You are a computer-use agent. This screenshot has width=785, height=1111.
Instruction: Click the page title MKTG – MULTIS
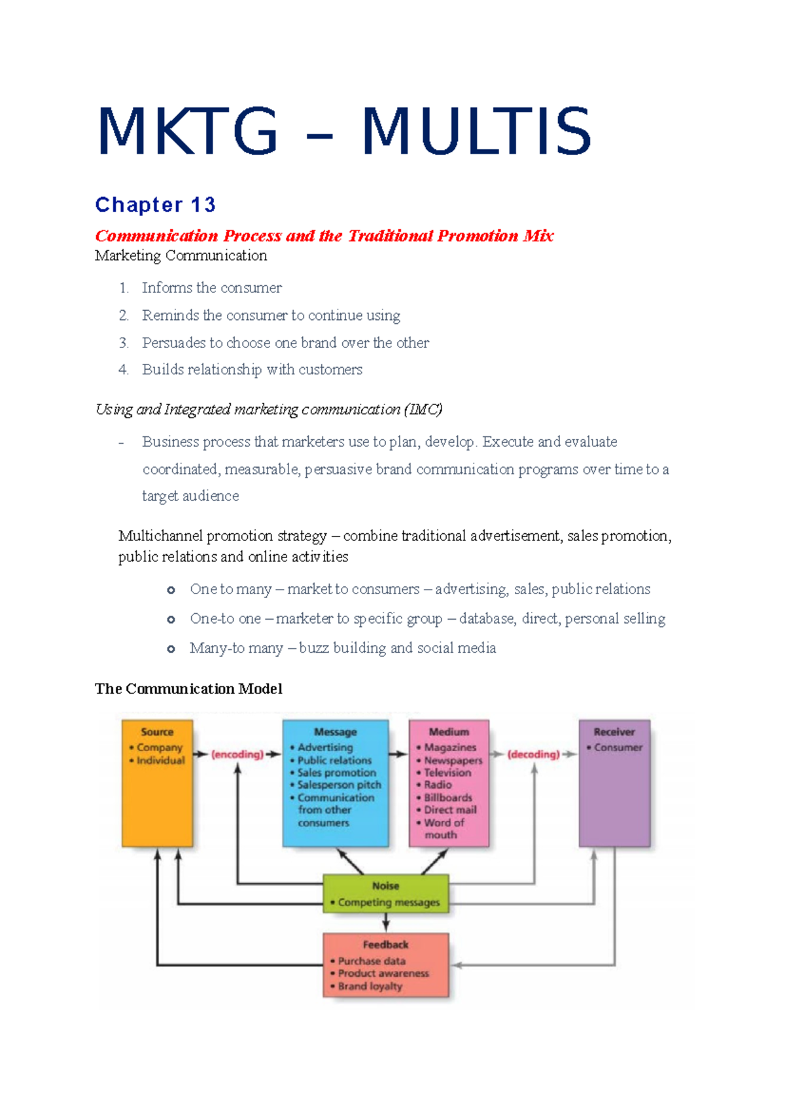[x=344, y=132]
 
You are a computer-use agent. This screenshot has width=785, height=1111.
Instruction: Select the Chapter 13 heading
[x=155, y=205]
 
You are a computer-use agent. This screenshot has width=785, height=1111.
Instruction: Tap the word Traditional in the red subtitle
[x=391, y=236]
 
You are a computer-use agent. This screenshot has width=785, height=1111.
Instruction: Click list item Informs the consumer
[x=211, y=288]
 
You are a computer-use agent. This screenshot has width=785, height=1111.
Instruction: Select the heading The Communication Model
[x=188, y=689]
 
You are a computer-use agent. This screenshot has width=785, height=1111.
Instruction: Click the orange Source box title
[x=157, y=732]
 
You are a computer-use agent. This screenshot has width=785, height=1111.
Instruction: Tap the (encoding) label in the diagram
[x=237, y=754]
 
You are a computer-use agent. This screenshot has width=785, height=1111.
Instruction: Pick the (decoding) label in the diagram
[x=533, y=754]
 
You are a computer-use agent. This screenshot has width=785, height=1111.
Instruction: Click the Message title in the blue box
[x=335, y=732]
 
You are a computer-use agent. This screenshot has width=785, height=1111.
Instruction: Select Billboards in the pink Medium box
[x=448, y=798]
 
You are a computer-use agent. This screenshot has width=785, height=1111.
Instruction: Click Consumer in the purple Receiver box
[x=618, y=747]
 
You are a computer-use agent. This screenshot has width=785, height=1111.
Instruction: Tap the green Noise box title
[x=385, y=886]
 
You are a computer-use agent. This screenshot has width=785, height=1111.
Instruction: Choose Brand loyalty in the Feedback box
[x=370, y=986]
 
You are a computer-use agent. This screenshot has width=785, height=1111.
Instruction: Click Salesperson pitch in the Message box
[x=339, y=785]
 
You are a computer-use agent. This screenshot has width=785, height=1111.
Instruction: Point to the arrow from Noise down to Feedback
[x=386, y=923]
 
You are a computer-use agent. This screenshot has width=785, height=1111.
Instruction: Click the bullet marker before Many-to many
[x=171, y=649]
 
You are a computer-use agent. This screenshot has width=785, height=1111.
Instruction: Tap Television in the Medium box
[x=447, y=773]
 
